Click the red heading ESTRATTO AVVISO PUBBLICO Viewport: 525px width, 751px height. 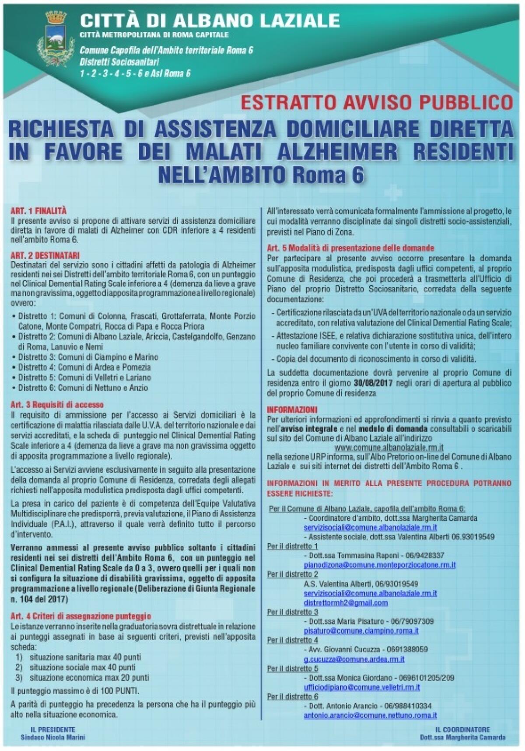click(376, 103)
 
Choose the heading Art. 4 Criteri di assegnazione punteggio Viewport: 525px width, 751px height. click(80, 616)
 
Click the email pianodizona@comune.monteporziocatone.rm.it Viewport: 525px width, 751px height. click(379, 565)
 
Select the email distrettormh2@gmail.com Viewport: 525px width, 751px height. click(346, 603)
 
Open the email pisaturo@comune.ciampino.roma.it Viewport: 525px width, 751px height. click(361, 631)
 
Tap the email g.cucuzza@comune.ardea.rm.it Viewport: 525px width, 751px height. click(354, 659)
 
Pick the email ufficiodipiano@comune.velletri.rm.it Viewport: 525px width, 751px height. click(362, 687)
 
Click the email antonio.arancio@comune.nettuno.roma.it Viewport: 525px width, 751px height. click(370, 716)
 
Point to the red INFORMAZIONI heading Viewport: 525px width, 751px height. click(291, 410)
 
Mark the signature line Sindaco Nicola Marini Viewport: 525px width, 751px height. click(53, 737)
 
